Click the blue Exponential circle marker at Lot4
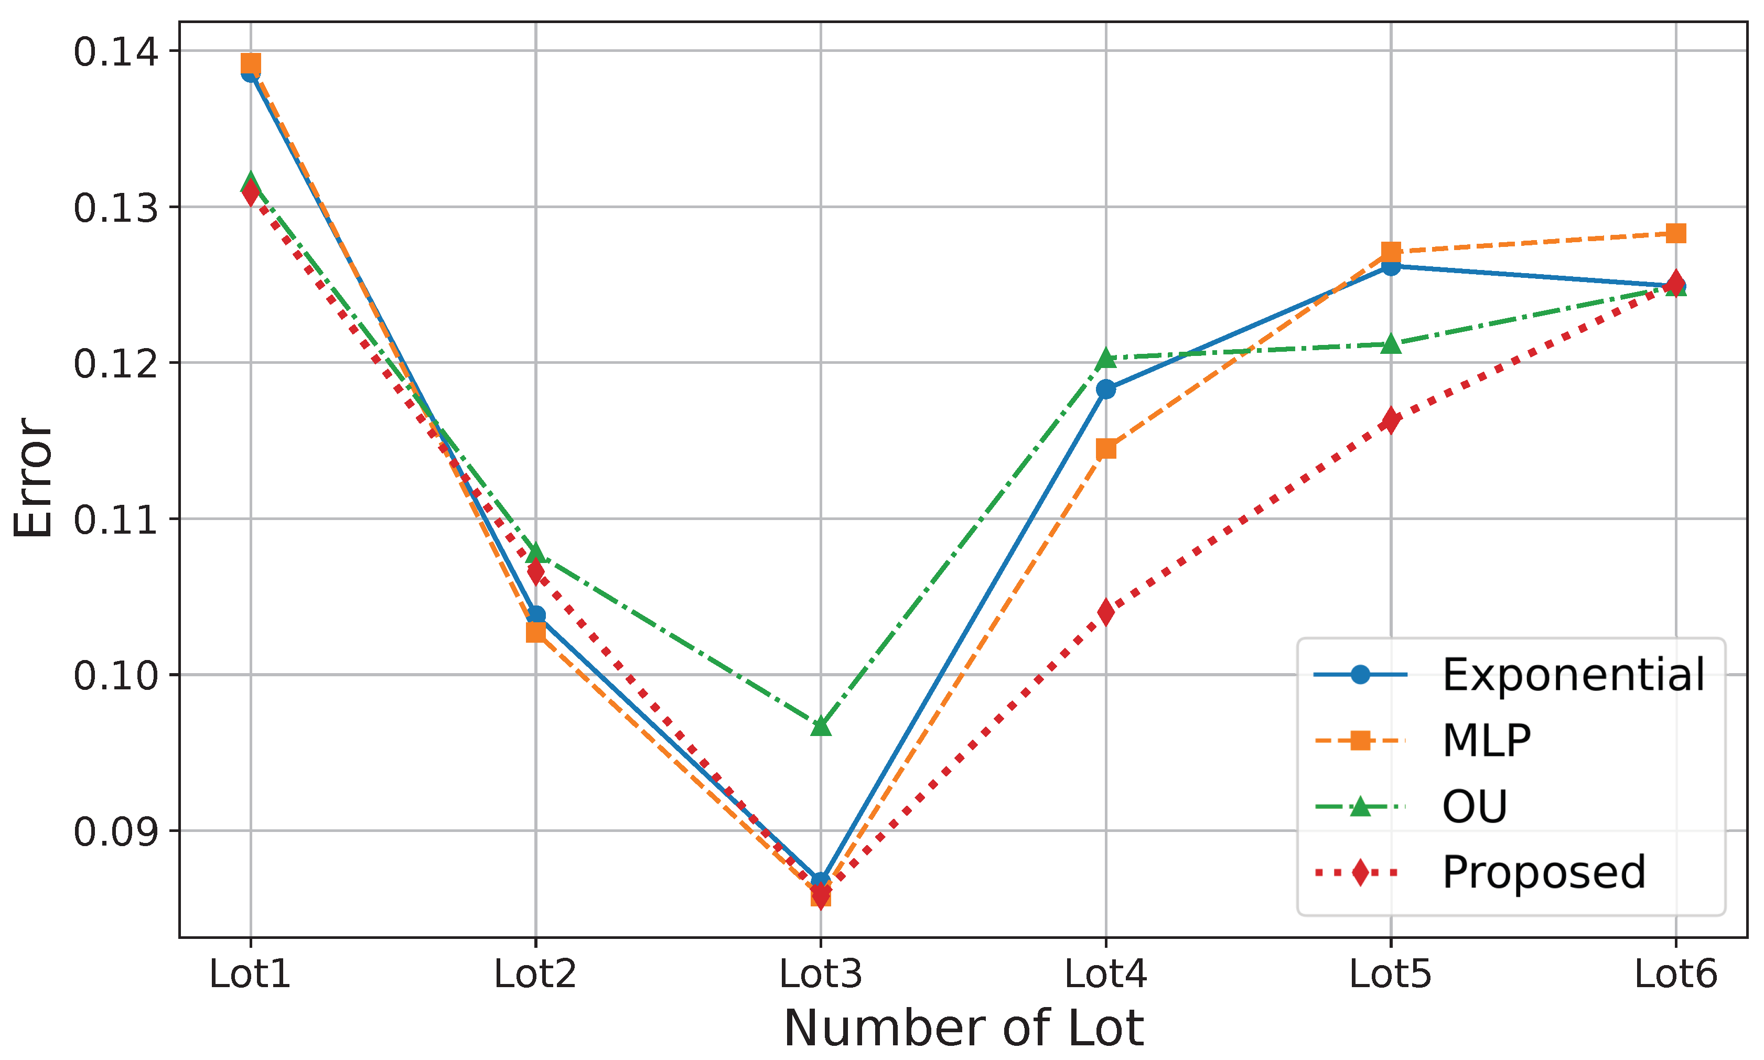point(1105,390)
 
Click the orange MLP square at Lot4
point(1105,449)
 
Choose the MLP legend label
point(1486,741)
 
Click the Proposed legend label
point(1544,872)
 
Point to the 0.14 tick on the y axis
point(115,51)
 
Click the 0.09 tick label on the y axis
point(115,831)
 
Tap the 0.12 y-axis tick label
point(115,363)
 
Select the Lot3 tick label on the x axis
point(820,974)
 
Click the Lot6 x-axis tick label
point(1675,974)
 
